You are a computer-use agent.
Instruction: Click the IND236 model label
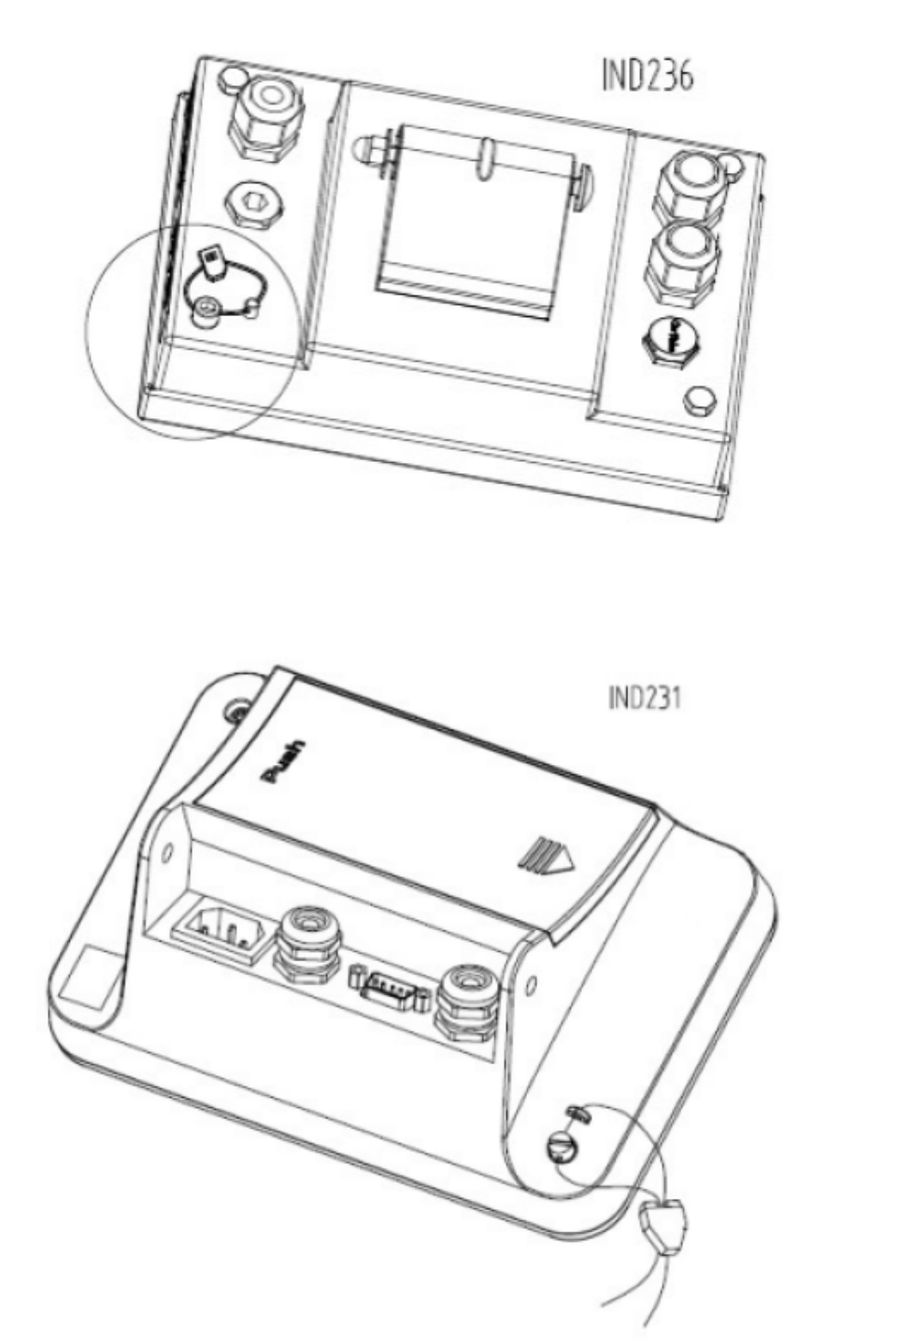point(648,76)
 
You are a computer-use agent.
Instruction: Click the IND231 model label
point(645,698)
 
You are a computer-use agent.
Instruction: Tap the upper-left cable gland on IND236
point(266,119)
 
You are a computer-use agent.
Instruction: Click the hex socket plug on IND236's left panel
point(254,204)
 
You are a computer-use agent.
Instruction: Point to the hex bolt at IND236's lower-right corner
point(700,401)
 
